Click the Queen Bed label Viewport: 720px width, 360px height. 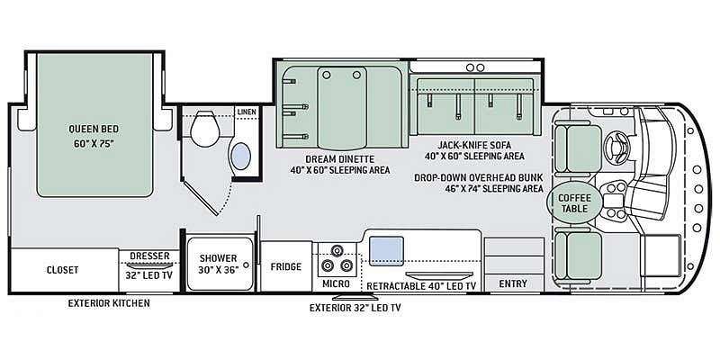94,129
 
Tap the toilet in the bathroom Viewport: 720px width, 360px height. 205,128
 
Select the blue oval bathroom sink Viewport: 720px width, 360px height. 241,156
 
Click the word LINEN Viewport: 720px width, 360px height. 247,112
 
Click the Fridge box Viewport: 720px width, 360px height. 286,266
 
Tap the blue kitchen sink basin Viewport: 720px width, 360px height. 387,251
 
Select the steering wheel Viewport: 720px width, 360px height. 616,147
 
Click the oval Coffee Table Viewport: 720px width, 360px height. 569,202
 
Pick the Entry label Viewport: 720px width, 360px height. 513,283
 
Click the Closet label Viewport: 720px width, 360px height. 62,270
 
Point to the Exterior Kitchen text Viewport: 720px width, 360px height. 109,303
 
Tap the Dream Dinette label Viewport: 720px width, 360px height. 340,159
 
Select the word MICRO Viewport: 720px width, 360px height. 336,283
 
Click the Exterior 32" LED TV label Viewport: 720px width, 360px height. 355,308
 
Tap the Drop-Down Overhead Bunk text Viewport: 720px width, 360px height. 479,177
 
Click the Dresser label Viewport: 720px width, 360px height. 149,256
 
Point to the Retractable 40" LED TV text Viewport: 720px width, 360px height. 421,286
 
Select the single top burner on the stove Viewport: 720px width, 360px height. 337,251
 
